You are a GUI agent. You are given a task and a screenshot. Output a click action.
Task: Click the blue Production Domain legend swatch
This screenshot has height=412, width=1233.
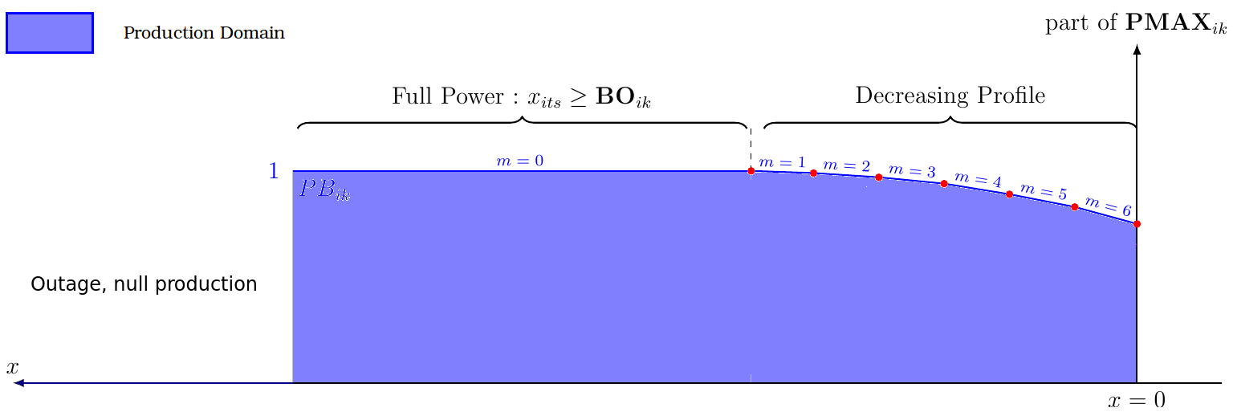click(x=50, y=33)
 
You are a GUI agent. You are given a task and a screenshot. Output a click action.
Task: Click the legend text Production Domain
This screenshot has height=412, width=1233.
click(x=204, y=34)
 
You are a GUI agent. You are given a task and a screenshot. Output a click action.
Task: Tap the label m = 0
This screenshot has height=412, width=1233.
click(x=520, y=161)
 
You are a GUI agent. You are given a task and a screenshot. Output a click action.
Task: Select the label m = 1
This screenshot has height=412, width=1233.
click(x=782, y=162)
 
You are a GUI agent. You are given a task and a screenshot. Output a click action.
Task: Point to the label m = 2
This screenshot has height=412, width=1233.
click(x=847, y=166)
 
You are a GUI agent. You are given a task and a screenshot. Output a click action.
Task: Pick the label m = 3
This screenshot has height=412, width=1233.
click(x=912, y=171)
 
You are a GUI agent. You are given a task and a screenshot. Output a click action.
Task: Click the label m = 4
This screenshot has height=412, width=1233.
click(x=978, y=181)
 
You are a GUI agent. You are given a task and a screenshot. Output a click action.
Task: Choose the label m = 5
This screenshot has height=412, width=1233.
click(x=1043, y=193)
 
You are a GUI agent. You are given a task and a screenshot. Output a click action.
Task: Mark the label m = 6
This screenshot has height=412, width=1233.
click(x=1108, y=206)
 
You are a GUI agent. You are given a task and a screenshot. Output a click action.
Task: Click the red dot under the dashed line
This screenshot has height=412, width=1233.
click(x=751, y=171)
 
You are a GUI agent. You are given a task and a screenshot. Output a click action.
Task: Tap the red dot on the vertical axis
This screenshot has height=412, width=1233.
click(x=1137, y=224)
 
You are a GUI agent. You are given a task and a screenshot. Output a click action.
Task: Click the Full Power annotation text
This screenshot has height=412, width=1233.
click(x=521, y=98)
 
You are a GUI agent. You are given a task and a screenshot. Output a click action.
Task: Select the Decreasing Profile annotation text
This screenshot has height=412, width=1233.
click(x=950, y=96)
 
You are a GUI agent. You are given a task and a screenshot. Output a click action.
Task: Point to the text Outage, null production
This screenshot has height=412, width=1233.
click(x=144, y=284)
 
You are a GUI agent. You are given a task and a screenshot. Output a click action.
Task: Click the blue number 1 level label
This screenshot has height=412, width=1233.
click(x=274, y=171)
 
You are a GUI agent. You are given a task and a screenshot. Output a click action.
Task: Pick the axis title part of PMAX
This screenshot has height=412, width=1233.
click(x=1136, y=24)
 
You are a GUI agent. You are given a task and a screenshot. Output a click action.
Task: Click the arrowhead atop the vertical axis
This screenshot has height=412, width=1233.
click(x=1137, y=50)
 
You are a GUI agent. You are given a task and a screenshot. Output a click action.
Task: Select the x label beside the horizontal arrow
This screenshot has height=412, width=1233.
click(x=12, y=368)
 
